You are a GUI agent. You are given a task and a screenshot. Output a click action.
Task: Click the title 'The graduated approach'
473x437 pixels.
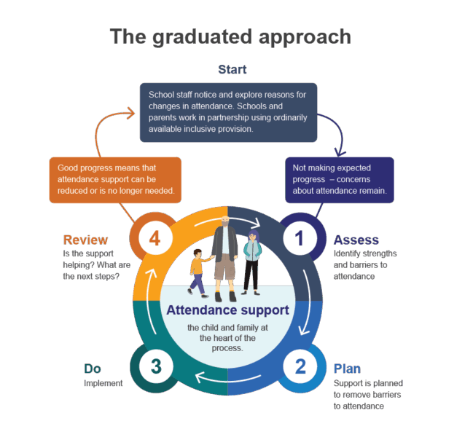click(x=230, y=37)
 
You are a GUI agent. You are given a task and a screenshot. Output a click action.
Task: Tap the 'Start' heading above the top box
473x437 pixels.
click(x=232, y=69)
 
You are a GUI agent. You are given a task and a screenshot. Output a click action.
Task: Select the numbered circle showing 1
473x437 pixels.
click(x=300, y=238)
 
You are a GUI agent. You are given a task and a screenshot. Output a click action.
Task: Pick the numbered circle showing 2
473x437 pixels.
click(x=300, y=367)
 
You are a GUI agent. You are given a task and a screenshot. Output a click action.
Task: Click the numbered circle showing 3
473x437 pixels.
click(x=156, y=367)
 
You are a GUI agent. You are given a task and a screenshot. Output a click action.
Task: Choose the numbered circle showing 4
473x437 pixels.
click(x=155, y=238)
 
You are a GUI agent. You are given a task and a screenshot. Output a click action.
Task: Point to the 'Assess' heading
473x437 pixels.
click(x=356, y=240)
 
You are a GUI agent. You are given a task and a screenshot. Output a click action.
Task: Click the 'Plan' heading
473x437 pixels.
click(x=347, y=369)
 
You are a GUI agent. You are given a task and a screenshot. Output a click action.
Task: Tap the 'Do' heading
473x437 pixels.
click(x=93, y=369)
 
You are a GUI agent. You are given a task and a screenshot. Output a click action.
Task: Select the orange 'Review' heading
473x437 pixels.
click(x=85, y=240)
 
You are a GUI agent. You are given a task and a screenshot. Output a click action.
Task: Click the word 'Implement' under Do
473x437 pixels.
click(x=103, y=383)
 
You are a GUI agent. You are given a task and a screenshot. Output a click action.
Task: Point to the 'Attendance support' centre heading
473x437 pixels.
click(x=227, y=310)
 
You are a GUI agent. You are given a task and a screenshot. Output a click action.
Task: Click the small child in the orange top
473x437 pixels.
click(x=198, y=272)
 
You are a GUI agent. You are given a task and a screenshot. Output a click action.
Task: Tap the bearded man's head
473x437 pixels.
click(x=225, y=221)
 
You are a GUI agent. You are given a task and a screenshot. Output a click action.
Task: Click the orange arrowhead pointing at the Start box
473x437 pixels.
click(x=131, y=113)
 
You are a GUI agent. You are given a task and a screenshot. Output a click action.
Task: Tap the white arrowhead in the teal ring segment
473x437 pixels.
click(x=199, y=377)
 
